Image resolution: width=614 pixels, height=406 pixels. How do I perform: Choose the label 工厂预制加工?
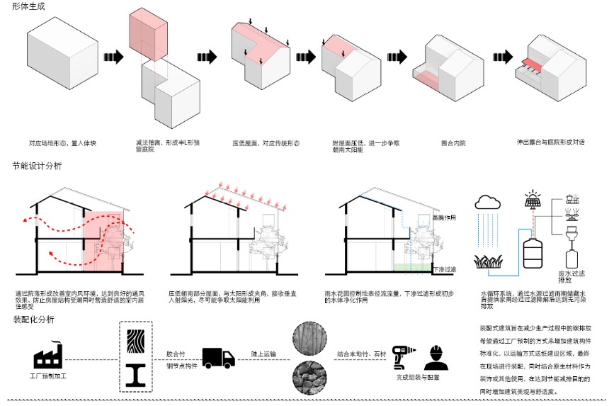(47, 376)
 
